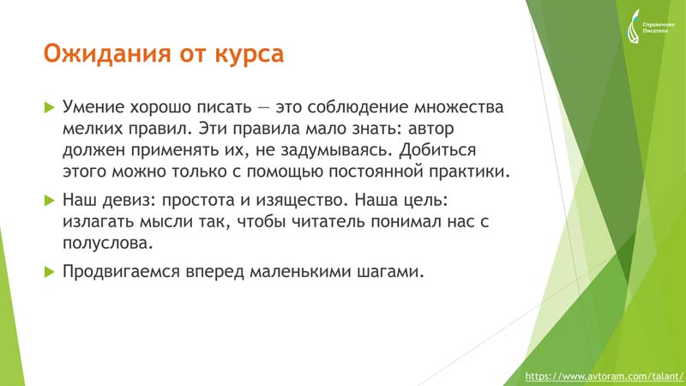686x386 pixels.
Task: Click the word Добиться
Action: point(437,150)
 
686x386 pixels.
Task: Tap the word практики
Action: point(469,172)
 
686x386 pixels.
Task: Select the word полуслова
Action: point(108,244)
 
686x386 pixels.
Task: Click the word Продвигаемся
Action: point(121,272)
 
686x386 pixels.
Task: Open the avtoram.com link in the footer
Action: point(604,377)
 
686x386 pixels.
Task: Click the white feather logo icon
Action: point(633,27)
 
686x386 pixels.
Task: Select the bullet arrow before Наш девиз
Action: point(50,201)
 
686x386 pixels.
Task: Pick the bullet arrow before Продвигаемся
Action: point(50,272)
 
